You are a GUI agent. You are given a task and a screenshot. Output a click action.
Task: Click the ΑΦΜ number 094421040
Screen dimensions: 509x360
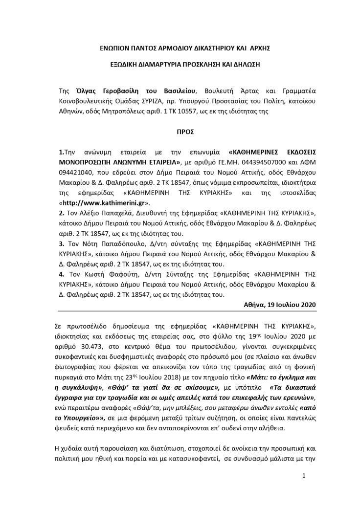(x=74, y=174)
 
